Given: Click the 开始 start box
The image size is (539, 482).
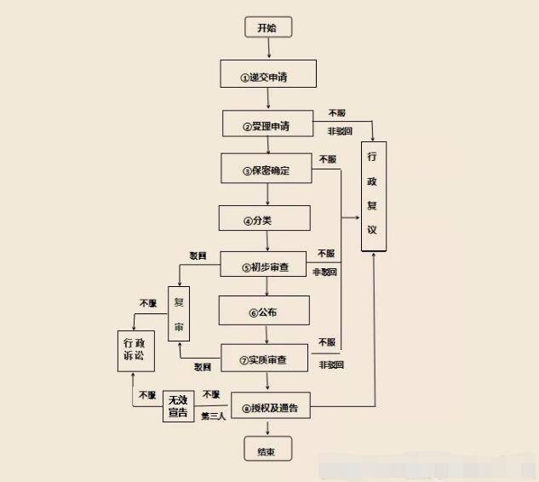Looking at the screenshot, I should pyautogui.click(x=267, y=27).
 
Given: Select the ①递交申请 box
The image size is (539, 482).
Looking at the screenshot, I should pyautogui.click(x=268, y=74).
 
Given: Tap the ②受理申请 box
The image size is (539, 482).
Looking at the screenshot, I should pyautogui.click(x=268, y=123).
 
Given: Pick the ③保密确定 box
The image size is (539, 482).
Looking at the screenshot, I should pyautogui.click(x=268, y=168).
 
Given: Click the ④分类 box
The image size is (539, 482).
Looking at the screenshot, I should pyautogui.click(x=268, y=218).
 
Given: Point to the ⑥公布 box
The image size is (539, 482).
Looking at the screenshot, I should pyautogui.click(x=268, y=311).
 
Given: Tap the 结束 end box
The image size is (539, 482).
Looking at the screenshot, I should pyautogui.click(x=267, y=450).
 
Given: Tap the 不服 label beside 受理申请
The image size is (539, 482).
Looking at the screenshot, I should pyautogui.click(x=336, y=113).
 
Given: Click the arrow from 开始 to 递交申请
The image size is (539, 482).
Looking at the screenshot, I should pyautogui.click(x=268, y=49).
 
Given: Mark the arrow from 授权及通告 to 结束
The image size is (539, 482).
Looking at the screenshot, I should pyautogui.click(x=268, y=430).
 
